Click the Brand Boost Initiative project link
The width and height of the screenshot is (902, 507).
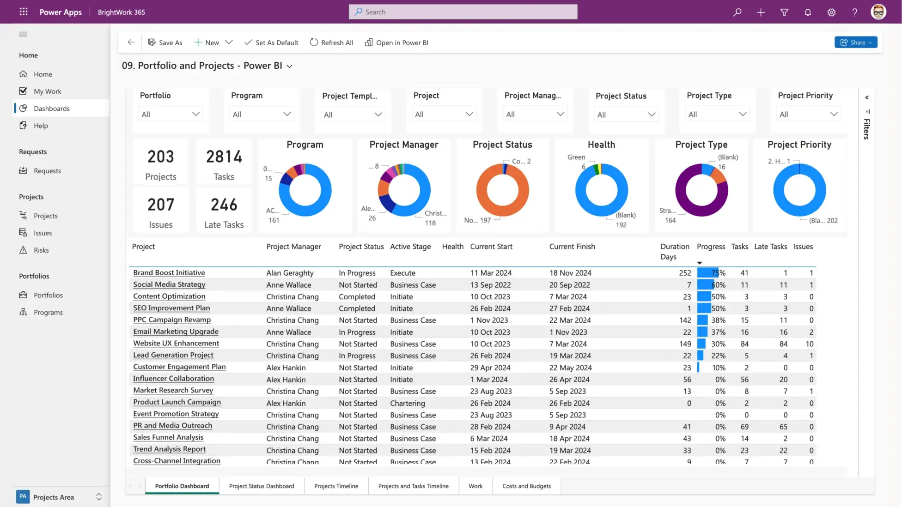(x=169, y=273)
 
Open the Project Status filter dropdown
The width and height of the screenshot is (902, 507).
(x=626, y=115)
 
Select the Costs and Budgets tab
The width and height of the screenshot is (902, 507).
(x=526, y=486)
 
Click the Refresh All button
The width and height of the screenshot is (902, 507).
(x=331, y=42)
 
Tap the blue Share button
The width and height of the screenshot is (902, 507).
(x=855, y=42)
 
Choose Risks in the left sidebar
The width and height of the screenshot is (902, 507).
(x=41, y=250)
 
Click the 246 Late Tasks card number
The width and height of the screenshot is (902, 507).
(x=224, y=205)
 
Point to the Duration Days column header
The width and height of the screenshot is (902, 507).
(x=674, y=252)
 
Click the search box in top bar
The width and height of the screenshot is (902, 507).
(x=463, y=12)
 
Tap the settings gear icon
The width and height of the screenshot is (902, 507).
(x=831, y=12)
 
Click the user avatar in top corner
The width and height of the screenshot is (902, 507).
(x=878, y=12)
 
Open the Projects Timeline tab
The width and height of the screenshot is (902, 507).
(x=336, y=486)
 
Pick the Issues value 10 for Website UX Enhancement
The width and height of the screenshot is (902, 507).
(x=809, y=344)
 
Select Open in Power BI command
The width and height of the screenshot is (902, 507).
(x=396, y=42)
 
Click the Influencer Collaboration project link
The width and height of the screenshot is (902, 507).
(x=173, y=379)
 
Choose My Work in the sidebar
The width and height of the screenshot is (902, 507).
(x=47, y=91)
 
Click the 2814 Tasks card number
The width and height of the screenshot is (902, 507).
(x=224, y=157)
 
